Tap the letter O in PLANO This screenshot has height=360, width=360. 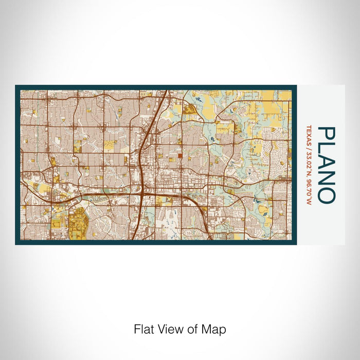click(327, 191)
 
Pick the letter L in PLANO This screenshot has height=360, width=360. click(327, 147)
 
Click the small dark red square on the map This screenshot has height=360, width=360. click(180, 157)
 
